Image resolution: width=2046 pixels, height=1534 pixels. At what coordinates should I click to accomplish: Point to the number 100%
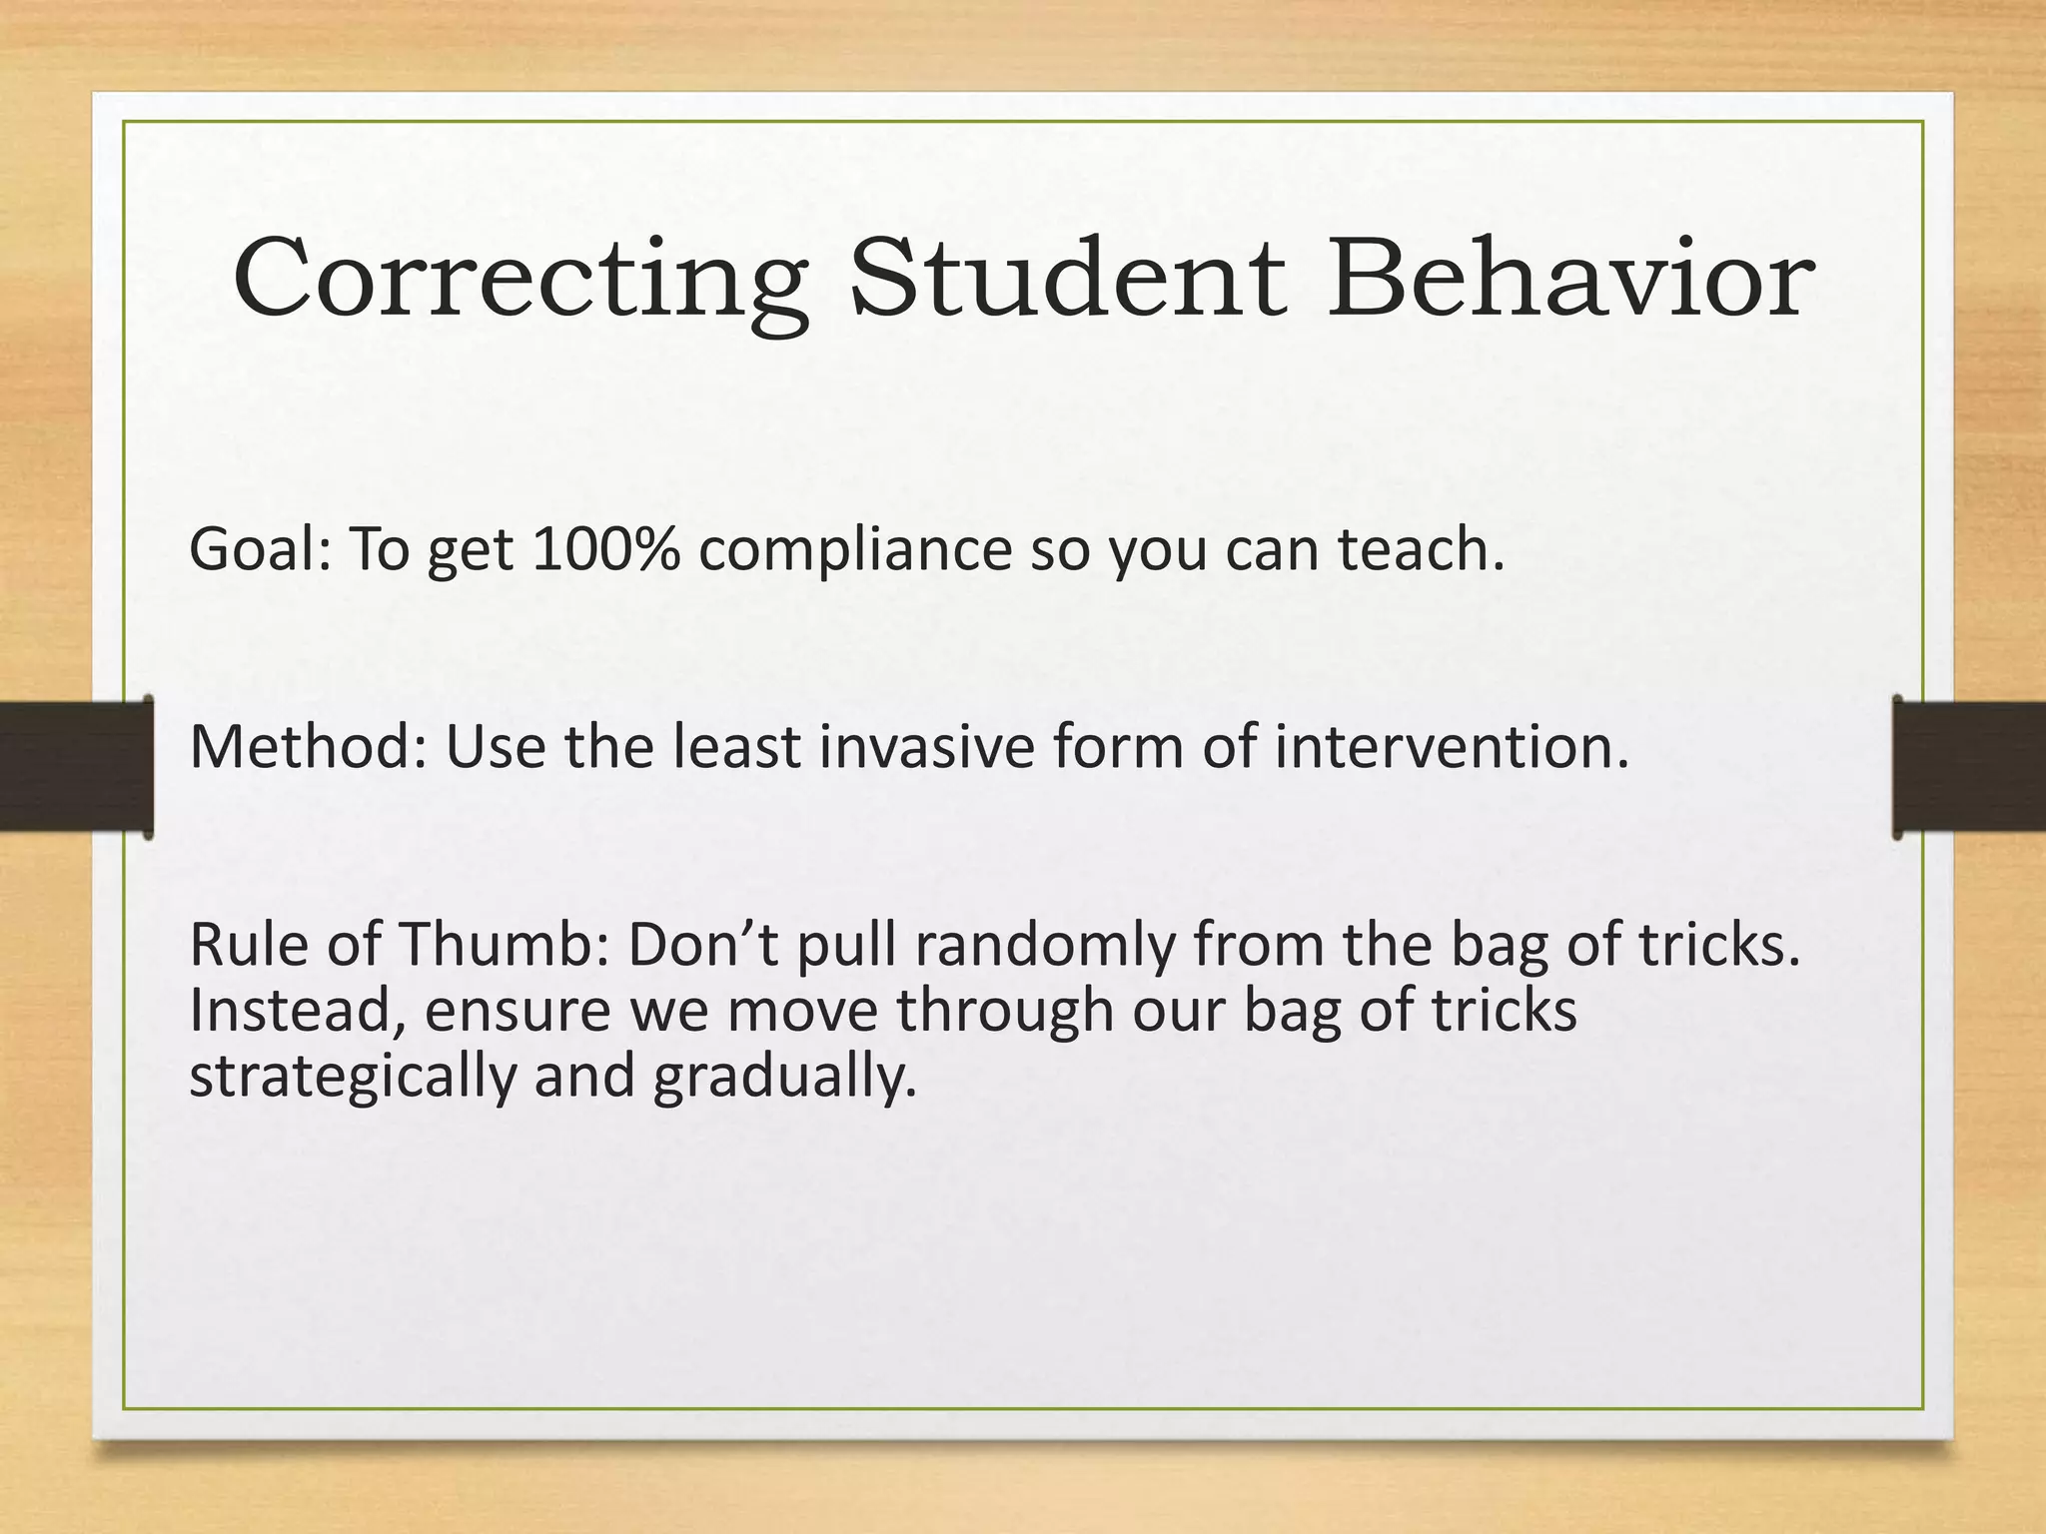tap(605, 550)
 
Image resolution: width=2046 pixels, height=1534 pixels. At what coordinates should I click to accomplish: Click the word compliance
tap(854, 552)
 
